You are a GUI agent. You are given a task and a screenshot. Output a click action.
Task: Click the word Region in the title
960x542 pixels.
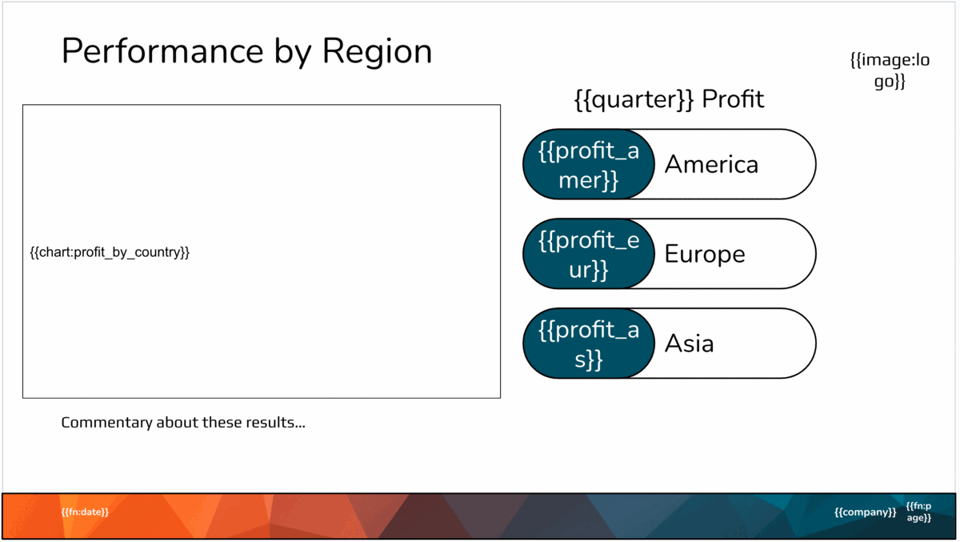(x=377, y=52)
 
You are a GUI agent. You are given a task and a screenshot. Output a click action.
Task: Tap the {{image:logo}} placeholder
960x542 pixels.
(x=890, y=70)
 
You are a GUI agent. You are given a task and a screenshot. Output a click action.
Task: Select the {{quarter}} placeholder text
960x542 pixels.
(x=634, y=99)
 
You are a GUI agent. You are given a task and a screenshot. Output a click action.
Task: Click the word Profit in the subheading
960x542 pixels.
(x=733, y=99)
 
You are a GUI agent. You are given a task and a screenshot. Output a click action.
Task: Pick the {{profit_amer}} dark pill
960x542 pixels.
(x=589, y=165)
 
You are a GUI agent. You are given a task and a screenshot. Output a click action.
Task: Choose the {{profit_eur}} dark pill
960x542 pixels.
(x=589, y=255)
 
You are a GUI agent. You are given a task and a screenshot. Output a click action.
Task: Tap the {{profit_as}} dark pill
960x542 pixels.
(x=589, y=344)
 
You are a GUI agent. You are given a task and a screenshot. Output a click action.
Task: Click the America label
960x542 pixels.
(x=711, y=165)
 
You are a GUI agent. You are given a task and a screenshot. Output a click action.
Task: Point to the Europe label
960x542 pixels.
(x=705, y=255)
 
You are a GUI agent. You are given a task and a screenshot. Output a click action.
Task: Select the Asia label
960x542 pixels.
(x=689, y=344)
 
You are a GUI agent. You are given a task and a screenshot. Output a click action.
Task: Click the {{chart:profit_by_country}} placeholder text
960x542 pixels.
(x=110, y=253)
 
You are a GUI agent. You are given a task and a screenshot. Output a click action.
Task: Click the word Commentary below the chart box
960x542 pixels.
(x=106, y=423)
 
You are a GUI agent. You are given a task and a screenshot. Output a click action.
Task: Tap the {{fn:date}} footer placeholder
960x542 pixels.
(x=85, y=512)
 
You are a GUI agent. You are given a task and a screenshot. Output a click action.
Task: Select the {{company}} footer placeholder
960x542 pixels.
(x=865, y=512)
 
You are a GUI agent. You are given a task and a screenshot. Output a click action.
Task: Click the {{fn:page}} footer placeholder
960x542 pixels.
(x=918, y=512)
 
